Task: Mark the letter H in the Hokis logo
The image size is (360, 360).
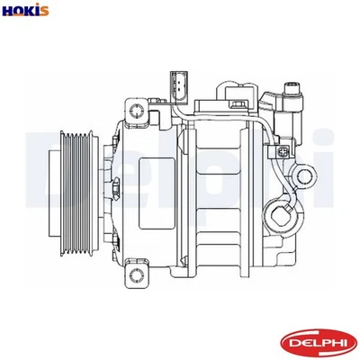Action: point(8,11)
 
